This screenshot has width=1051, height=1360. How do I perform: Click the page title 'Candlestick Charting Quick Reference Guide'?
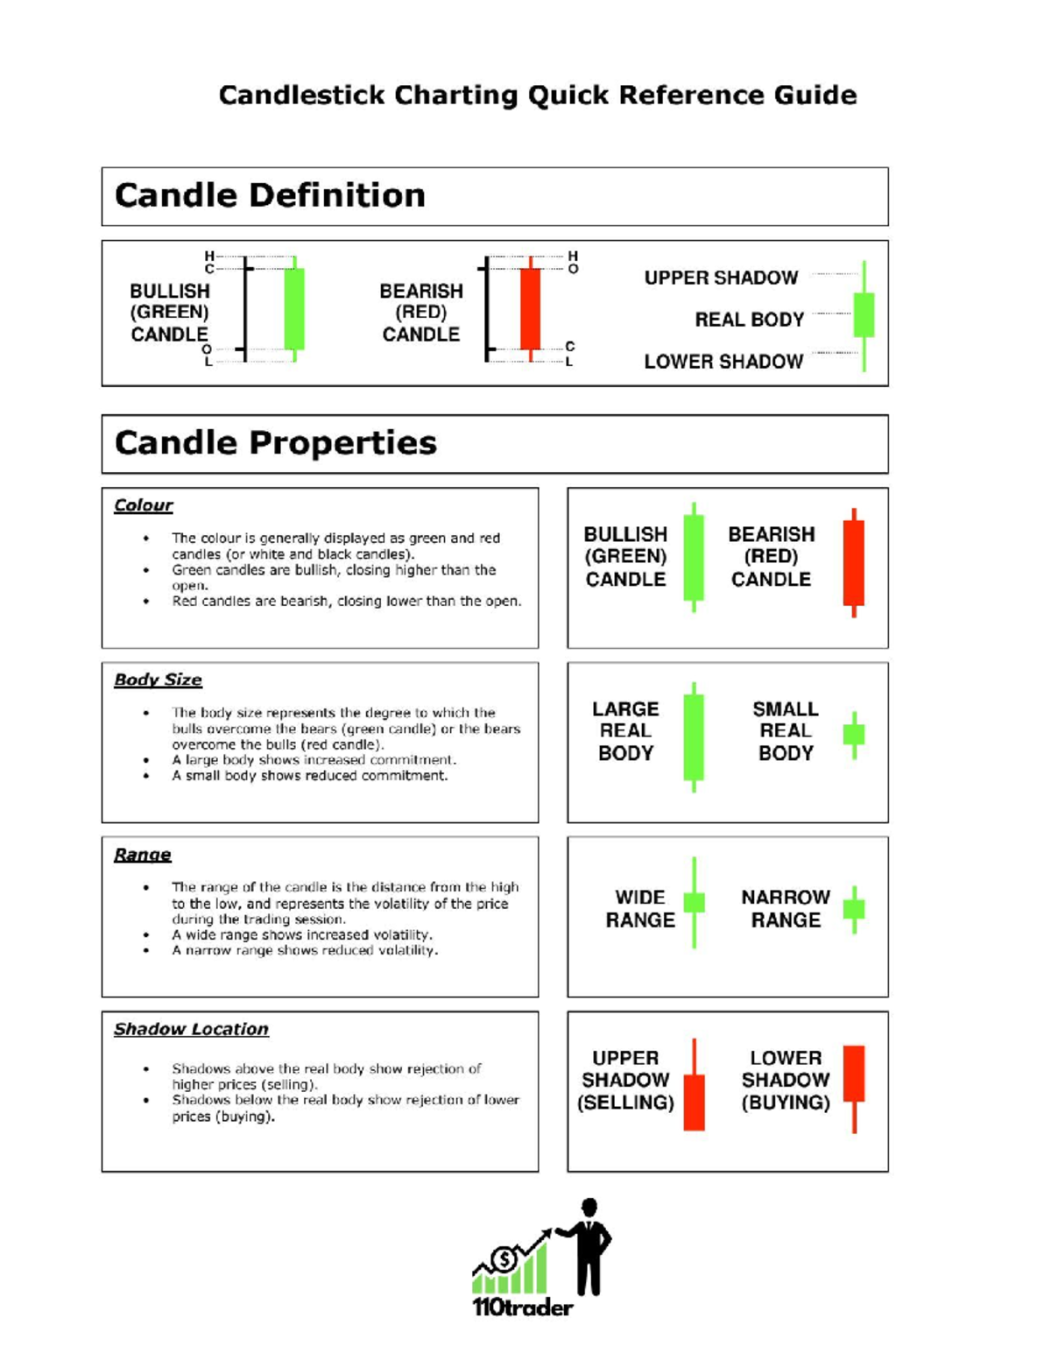537,95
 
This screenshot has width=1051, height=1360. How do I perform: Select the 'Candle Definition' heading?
270,195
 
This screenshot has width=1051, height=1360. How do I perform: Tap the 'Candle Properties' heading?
275,443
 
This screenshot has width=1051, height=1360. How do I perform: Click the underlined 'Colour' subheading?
143,505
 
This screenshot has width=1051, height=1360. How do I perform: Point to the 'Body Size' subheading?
158,680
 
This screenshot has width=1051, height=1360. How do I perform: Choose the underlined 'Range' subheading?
142,855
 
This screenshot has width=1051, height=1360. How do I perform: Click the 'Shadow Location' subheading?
191,1029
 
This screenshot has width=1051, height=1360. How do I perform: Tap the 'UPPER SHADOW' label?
721,278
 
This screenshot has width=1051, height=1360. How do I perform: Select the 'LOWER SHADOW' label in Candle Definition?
723,362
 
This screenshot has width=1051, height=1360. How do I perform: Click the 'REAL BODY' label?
749,320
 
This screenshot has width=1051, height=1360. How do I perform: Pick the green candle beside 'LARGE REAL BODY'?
694,736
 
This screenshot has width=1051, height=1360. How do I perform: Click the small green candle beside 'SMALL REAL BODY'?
854,734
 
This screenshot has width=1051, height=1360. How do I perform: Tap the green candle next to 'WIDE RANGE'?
694,903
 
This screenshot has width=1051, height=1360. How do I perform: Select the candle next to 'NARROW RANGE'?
854,908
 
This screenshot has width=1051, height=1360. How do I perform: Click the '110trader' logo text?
522,1307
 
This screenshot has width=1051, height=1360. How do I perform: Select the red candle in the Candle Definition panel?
530,309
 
